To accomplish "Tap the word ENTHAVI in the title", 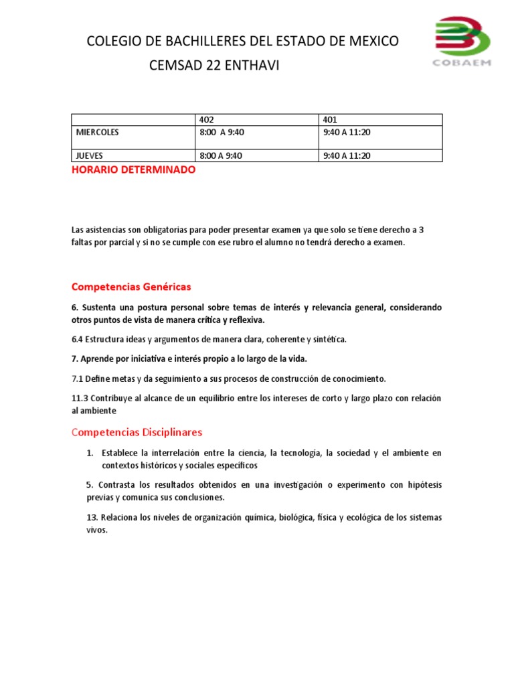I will (x=250, y=66).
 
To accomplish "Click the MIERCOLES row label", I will (x=98, y=132).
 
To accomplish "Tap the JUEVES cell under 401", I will (x=347, y=155).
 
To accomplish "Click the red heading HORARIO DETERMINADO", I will (x=134, y=170).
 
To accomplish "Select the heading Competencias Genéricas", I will (x=131, y=287).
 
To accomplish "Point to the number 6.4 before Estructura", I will (x=77, y=339).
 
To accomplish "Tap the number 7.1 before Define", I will (x=77, y=378).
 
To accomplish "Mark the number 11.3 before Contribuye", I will (x=80, y=398).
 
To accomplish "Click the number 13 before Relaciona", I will (x=76, y=517).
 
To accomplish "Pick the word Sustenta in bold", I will (x=98, y=307).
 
